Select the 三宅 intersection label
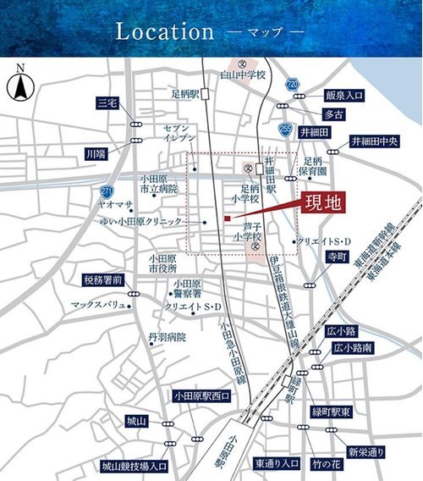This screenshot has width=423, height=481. (107, 102)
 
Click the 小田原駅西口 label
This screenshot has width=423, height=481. (201, 395)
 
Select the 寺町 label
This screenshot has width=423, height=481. (338, 253)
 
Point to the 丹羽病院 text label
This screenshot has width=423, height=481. (166, 337)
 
